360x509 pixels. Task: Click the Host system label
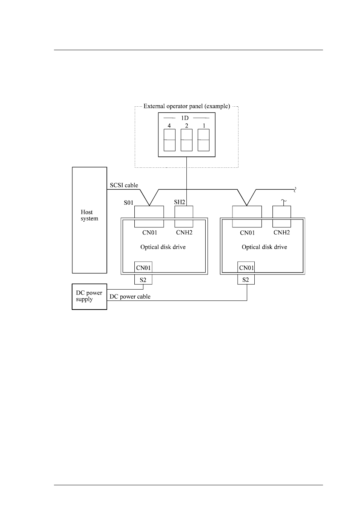89,215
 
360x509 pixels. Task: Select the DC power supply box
89,296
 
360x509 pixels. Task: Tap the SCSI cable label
124,185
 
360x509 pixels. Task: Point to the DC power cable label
130,296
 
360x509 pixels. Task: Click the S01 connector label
128,202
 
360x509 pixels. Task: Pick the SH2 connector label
180,202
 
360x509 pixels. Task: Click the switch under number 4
169,140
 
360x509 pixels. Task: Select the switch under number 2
186,140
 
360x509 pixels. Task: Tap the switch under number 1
203,140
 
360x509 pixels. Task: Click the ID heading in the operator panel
185,118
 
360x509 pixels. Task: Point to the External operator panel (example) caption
187,106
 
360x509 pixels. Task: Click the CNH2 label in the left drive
184,233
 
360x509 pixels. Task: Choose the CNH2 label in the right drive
282,233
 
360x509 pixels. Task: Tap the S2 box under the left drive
143,279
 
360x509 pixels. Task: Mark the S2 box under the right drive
246,279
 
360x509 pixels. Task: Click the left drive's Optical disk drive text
163,247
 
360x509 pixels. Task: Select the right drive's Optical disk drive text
265,247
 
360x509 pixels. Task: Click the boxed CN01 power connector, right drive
246,267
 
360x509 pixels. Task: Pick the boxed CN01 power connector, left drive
143,267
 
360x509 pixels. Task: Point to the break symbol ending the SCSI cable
295,190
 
